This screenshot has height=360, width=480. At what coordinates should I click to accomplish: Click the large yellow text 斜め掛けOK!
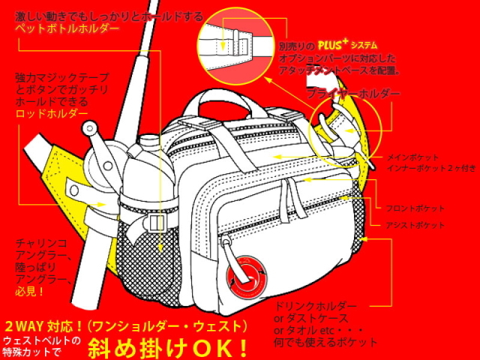169,346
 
